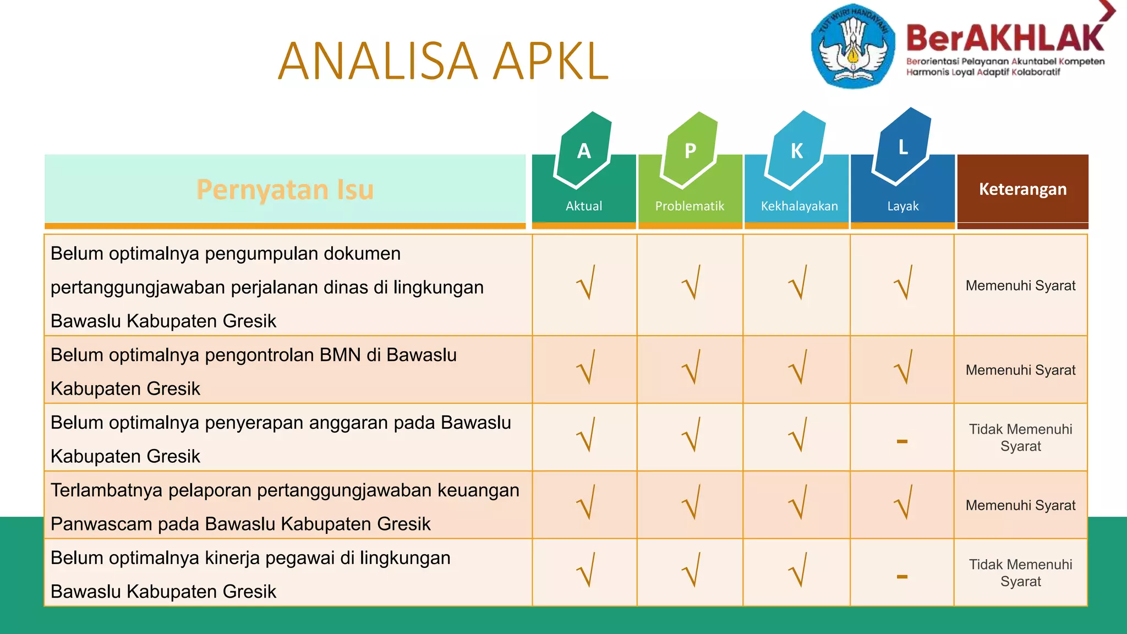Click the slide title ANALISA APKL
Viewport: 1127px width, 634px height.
[x=444, y=61]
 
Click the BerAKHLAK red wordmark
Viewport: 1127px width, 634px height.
[x=1005, y=39]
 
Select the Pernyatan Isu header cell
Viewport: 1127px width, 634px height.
[x=285, y=189]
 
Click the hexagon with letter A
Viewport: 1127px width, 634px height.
[x=584, y=150]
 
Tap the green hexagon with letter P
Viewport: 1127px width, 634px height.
[x=690, y=150]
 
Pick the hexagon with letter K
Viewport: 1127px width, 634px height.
[x=796, y=150]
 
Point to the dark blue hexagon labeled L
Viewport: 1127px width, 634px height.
[x=902, y=147]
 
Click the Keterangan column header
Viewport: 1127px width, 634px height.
[x=1022, y=189]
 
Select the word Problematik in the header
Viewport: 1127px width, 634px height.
[x=690, y=206]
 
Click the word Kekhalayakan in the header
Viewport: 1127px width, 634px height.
[x=799, y=206]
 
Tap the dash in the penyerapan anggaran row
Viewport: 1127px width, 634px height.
[x=902, y=441]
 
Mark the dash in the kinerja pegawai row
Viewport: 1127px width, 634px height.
[x=902, y=577]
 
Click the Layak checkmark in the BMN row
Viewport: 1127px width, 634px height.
[x=903, y=367]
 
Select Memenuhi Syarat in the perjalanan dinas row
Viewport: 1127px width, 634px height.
[x=1020, y=286]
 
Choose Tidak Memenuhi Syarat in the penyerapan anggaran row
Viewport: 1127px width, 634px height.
[x=1020, y=438]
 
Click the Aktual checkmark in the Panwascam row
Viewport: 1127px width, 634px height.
[x=586, y=502]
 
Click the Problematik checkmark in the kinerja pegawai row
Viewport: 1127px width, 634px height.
[x=691, y=570]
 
